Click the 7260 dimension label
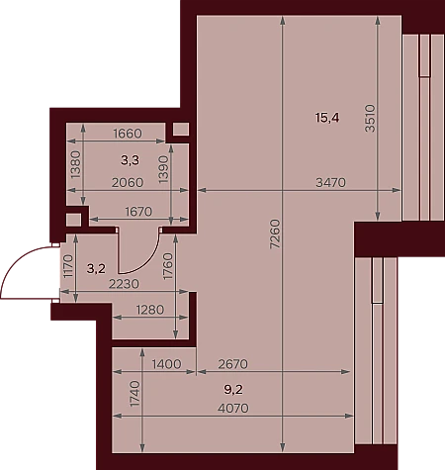tap(275, 234)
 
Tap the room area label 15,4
tap(327, 118)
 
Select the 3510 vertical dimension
tap(370, 118)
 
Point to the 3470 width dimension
tap(330, 182)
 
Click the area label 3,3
tap(130, 160)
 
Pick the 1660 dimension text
tap(128, 134)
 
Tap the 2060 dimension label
tap(128, 182)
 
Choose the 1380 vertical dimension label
tap(75, 164)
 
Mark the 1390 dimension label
tap(163, 169)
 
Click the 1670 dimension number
tap(138, 212)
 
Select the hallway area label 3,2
tap(96, 269)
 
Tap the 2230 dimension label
tap(124, 284)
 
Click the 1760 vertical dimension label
tap(168, 266)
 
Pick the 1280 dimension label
tap(150, 310)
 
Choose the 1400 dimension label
tap(166, 364)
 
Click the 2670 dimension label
tap(233, 364)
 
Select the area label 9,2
tap(233, 390)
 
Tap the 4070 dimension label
tap(233, 409)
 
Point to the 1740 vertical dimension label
tap(134, 394)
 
